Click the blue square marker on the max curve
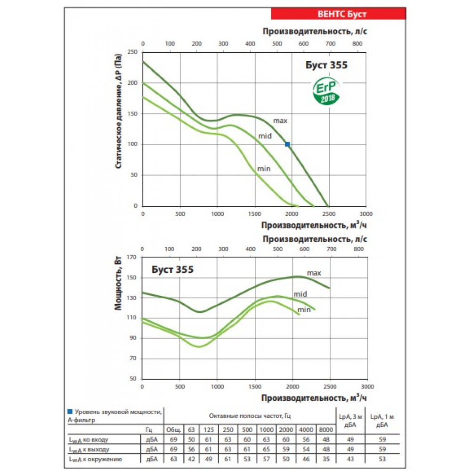click(x=287, y=144)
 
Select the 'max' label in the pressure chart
click(x=280, y=121)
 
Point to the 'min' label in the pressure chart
click(x=264, y=168)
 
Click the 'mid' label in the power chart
click(x=300, y=294)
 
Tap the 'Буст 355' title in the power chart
click(x=172, y=270)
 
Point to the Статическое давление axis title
click(x=119, y=111)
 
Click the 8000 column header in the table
click(x=325, y=430)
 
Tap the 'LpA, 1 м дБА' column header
click(x=382, y=420)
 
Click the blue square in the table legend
click(x=70, y=411)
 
